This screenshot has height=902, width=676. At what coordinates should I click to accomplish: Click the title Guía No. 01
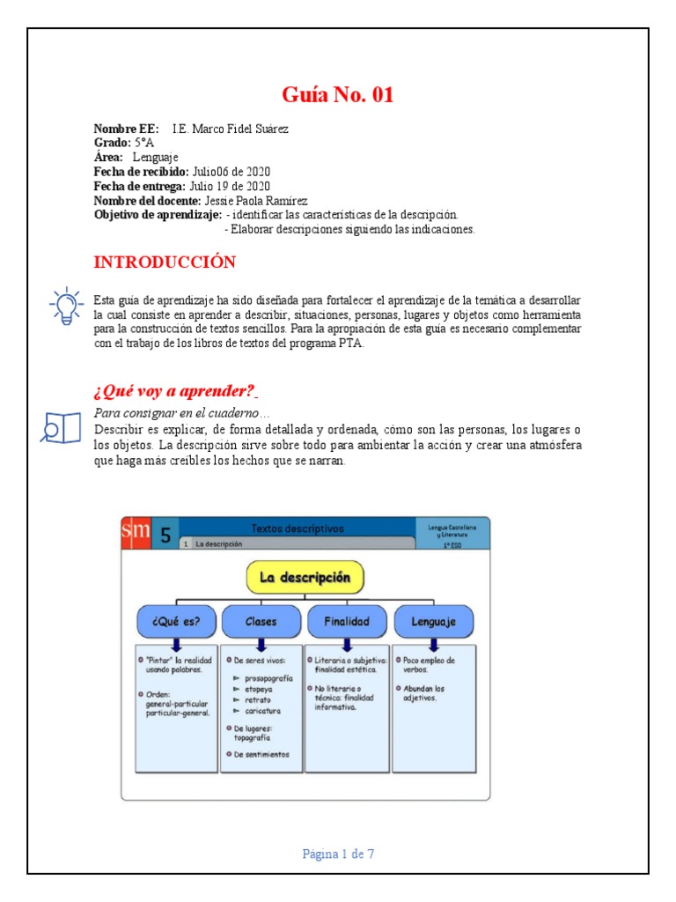pos(338,95)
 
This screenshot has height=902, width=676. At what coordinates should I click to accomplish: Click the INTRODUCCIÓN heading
pos(165,262)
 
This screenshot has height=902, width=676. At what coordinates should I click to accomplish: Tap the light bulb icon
pos(65,307)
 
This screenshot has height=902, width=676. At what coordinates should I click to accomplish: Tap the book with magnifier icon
pos(61,426)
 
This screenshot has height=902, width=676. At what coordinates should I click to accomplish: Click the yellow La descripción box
pos(305,578)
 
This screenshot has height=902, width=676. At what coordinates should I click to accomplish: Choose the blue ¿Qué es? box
pos(175,621)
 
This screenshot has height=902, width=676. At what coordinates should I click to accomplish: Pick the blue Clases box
pos(261,621)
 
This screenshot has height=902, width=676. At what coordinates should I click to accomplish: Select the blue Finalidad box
pos(347,621)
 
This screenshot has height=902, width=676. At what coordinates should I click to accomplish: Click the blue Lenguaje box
pos(433,621)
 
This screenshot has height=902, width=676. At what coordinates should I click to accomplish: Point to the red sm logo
pos(136,532)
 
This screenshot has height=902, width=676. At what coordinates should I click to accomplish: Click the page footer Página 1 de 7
pos(338,854)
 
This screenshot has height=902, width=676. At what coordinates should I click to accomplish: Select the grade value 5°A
pos(144,142)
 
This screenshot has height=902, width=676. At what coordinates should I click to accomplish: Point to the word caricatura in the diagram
pos(261,711)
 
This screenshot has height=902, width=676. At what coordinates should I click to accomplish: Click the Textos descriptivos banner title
pos(298,529)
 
